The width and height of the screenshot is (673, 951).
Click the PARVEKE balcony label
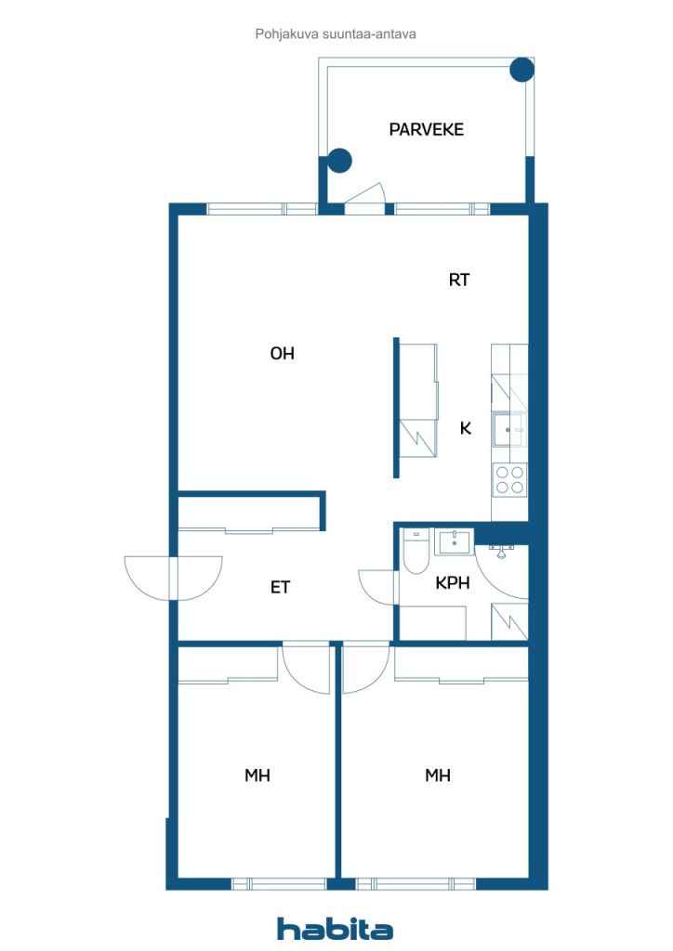(426, 129)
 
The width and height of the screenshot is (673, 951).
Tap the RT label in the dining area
(459, 279)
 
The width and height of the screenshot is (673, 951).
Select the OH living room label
(283, 354)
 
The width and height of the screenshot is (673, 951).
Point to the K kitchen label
(466, 428)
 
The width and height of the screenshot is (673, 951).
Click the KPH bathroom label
(453, 583)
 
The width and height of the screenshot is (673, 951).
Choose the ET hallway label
(281, 587)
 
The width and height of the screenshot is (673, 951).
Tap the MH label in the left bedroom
(257, 775)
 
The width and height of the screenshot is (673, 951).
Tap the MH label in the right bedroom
(438, 775)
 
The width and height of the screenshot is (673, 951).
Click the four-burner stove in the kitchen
(509, 479)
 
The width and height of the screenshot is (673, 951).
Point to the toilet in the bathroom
(415, 554)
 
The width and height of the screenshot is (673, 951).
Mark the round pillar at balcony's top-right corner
(522, 69)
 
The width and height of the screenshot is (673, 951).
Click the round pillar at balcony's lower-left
(340, 161)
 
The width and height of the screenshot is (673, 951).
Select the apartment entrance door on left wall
(173, 576)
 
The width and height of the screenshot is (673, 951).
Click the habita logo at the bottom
(335, 929)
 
